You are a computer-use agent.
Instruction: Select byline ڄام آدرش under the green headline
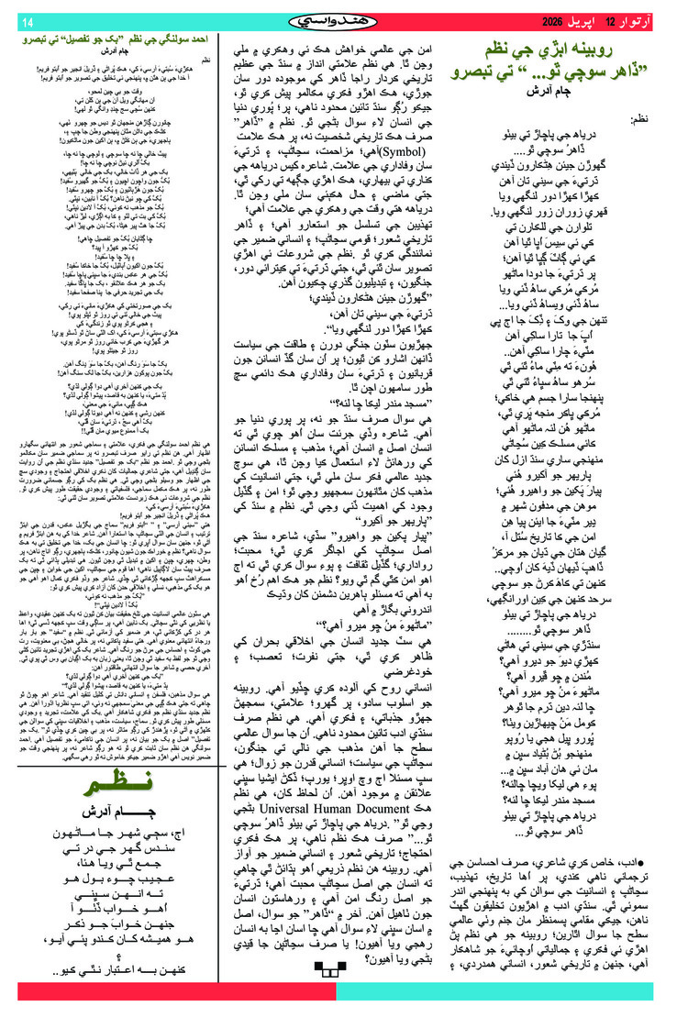558,92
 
